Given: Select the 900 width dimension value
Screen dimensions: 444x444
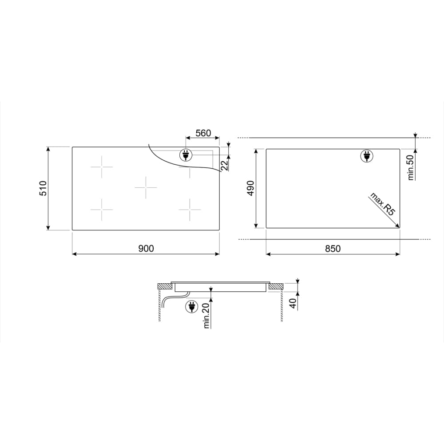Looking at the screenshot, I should pos(146,249).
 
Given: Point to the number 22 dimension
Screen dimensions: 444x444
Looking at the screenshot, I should pos(225,165).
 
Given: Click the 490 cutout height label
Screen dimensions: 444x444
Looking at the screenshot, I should pos(250,189).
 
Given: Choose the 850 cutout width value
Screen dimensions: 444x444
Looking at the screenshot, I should pos(333,249).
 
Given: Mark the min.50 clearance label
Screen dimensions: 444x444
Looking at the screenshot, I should pos(410,166).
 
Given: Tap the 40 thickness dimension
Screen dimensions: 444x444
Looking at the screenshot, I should pos(293,304).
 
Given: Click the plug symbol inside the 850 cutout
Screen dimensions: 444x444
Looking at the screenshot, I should pos(366,156).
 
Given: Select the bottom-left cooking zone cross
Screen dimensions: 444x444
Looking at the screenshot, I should pos(102,209).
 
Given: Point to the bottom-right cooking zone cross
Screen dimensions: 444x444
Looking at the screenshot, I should pos(190,209).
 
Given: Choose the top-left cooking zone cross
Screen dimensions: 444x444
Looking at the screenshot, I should pos(102,167).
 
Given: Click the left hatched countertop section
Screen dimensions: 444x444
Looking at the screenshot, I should pos(164,286).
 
